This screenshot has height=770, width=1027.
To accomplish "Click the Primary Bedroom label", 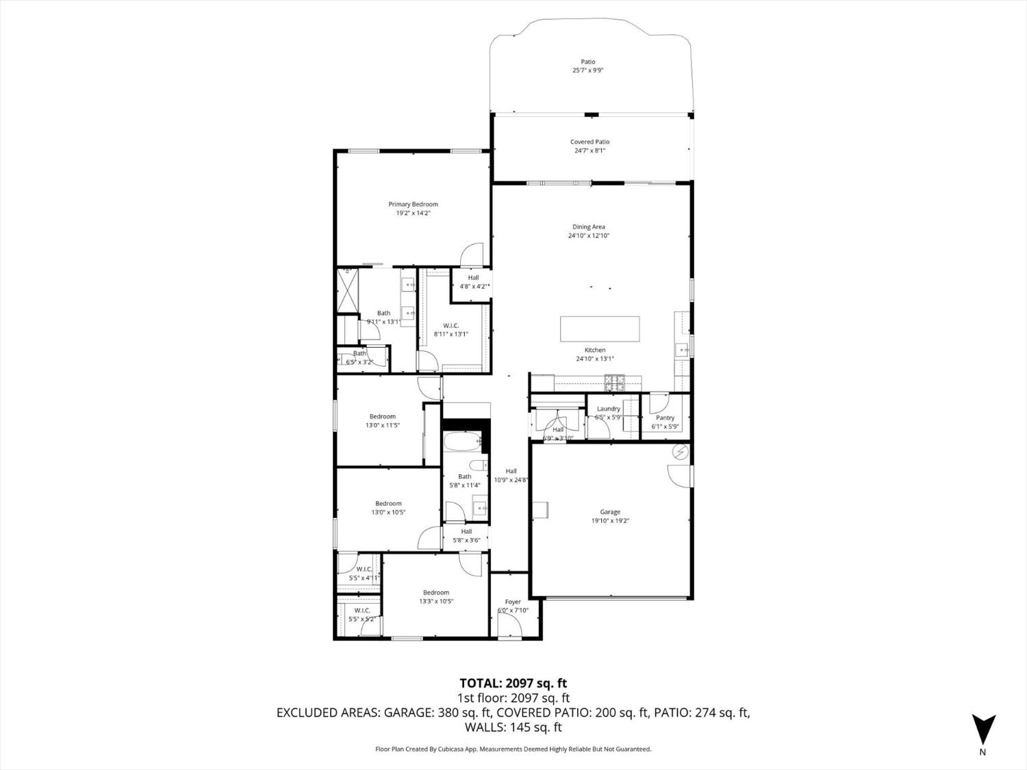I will pos(413,204).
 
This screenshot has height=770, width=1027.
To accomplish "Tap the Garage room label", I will pos(610,512).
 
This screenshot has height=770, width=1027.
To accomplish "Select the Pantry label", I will pos(665,418).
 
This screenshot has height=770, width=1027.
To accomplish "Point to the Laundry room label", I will pos(608,409).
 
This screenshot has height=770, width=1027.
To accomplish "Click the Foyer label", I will pos(513,602).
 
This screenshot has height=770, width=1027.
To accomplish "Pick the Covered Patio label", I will pos(589,142).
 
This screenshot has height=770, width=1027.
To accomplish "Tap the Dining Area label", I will pos(589,227).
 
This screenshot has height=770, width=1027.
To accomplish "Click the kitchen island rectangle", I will pos(600,329).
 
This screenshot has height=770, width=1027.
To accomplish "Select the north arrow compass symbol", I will pos(983,730).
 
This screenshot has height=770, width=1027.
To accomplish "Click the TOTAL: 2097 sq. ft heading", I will pos(513,683).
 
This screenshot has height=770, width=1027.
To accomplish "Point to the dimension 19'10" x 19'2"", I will pos(610,521).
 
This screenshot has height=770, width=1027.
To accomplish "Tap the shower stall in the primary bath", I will pos(348,290).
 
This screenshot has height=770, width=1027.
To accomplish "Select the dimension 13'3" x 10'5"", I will pos(436,602).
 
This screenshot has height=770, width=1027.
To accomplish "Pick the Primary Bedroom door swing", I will pos(472,255).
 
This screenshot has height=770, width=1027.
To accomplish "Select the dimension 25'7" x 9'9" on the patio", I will pos(587,70).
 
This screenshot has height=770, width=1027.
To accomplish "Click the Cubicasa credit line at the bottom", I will pos(513,749).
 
